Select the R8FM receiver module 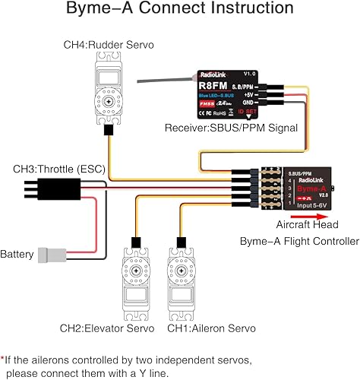pos(235,100)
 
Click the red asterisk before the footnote pos(4,357)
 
